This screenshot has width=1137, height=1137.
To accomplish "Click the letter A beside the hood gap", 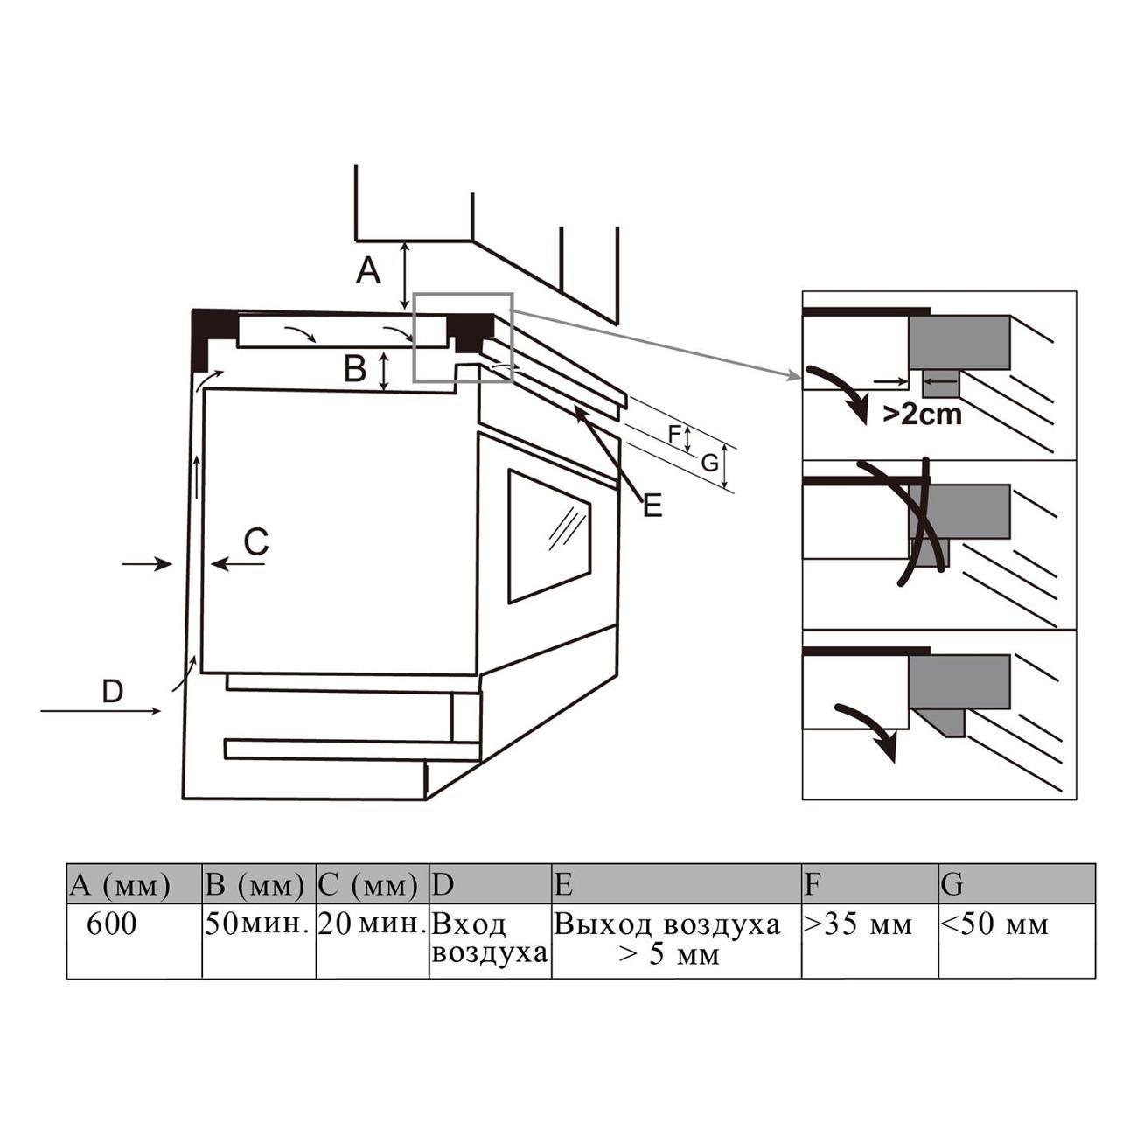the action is click(368, 272).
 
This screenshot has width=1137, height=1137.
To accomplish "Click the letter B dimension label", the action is click(355, 369).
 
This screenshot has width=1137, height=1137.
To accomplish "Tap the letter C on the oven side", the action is click(256, 541).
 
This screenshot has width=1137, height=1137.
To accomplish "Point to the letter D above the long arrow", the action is click(113, 691).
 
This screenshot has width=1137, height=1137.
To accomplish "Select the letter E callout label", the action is click(652, 506).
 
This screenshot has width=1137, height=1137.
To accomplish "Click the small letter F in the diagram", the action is click(674, 435).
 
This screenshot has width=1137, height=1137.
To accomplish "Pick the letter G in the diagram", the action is click(710, 464).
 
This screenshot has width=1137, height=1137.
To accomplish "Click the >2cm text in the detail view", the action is click(923, 415).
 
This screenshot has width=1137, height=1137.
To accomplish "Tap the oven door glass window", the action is click(549, 536).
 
